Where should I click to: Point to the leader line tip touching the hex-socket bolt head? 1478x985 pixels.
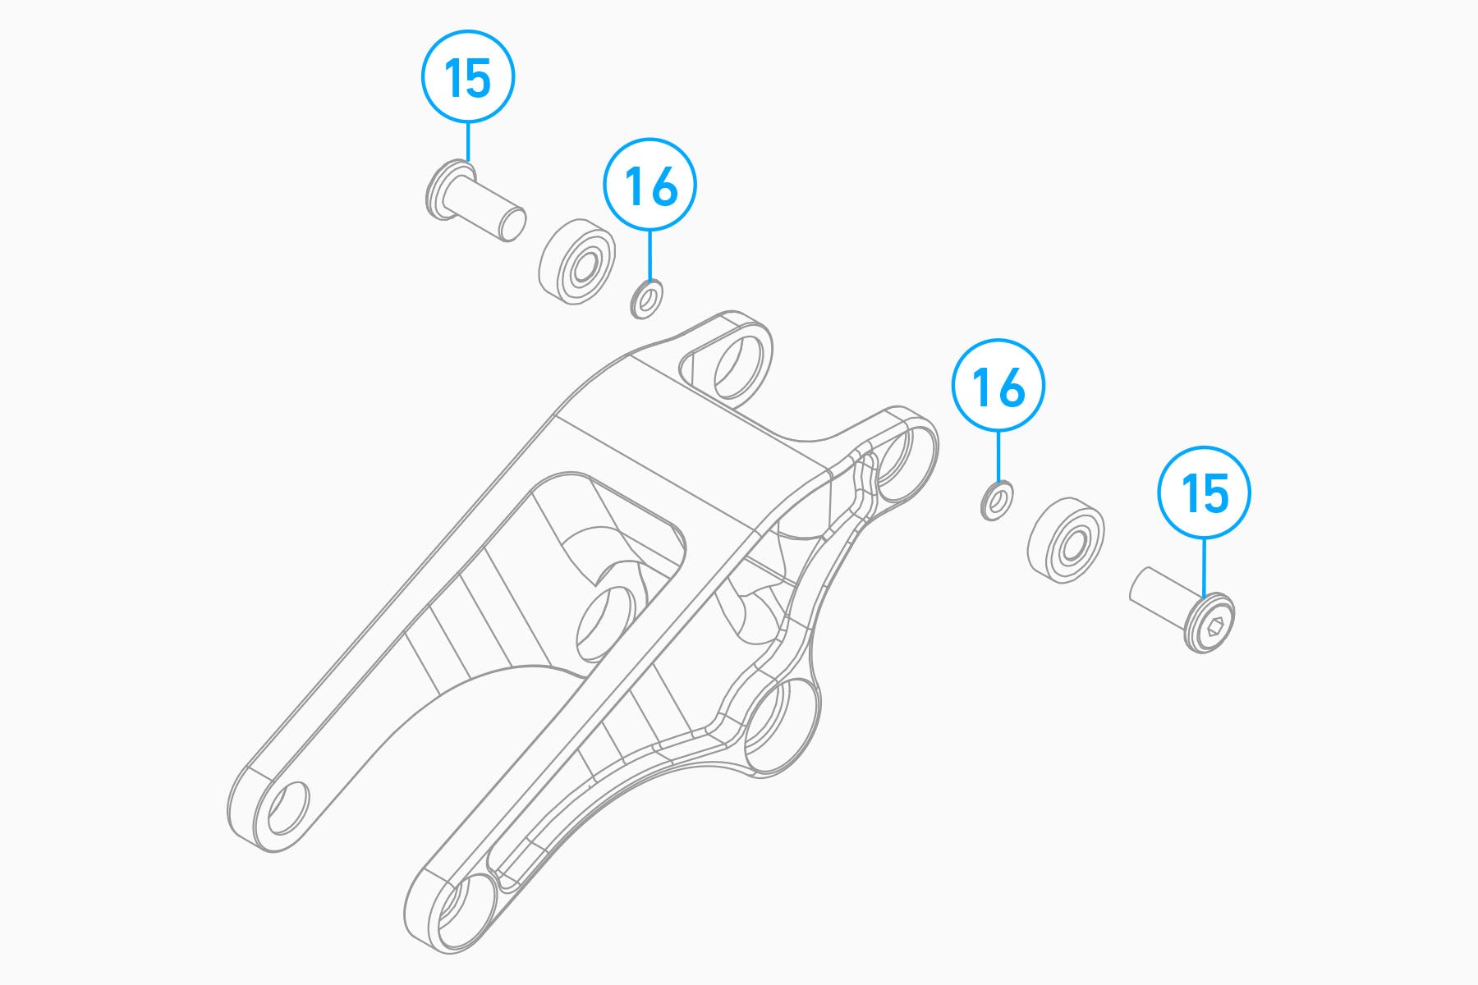[1205, 597]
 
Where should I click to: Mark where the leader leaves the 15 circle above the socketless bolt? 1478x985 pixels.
[468, 123]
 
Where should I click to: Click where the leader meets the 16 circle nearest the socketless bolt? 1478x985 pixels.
[650, 231]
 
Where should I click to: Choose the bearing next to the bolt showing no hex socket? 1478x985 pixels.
[576, 263]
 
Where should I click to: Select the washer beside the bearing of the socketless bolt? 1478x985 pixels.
[648, 299]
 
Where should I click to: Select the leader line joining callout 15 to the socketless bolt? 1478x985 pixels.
[468, 142]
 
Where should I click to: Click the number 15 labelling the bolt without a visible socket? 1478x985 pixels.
[468, 77]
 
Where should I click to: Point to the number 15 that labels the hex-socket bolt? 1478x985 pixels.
[1205, 494]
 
